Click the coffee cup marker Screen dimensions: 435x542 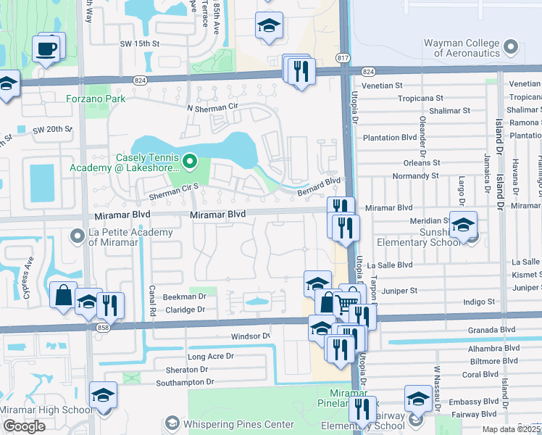pos(48,49)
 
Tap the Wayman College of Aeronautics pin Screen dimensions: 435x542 pos(512,48)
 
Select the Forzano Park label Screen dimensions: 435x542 pos(96,99)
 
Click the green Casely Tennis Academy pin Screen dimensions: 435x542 pos(190,159)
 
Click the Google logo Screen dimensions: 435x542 pos(23,427)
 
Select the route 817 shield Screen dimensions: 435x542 pos(343,57)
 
